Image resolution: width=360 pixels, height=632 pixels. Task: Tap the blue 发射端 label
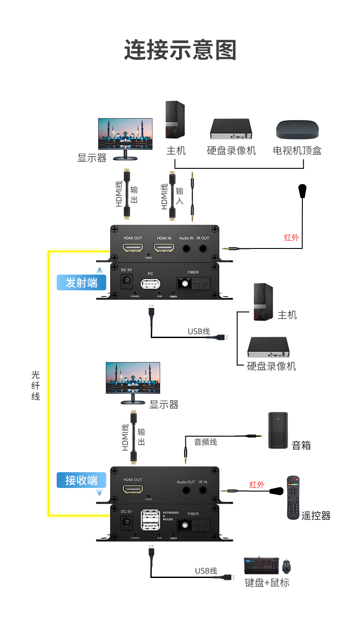[81, 283]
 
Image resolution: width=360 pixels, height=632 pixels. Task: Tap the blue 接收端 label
[81, 480]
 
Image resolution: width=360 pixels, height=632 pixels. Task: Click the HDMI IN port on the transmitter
[164, 248]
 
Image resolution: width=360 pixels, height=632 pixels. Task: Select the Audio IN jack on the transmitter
[186, 248]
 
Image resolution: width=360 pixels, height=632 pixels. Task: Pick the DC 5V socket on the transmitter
[126, 282]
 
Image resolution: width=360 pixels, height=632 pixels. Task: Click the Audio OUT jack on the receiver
[186, 489]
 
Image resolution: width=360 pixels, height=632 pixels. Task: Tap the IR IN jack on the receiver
[203, 489]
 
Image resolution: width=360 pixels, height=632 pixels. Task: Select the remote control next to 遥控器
[293, 498]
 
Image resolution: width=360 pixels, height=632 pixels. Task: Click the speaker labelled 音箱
[278, 430]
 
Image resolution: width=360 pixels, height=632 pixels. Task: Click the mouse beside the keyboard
[287, 566]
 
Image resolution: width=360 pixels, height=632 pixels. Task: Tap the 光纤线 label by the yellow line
[36, 385]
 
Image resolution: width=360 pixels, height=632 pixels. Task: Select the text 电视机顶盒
[297, 151]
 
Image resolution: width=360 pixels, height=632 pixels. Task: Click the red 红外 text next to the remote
[257, 485]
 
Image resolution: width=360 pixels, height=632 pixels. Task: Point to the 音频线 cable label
[206, 442]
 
